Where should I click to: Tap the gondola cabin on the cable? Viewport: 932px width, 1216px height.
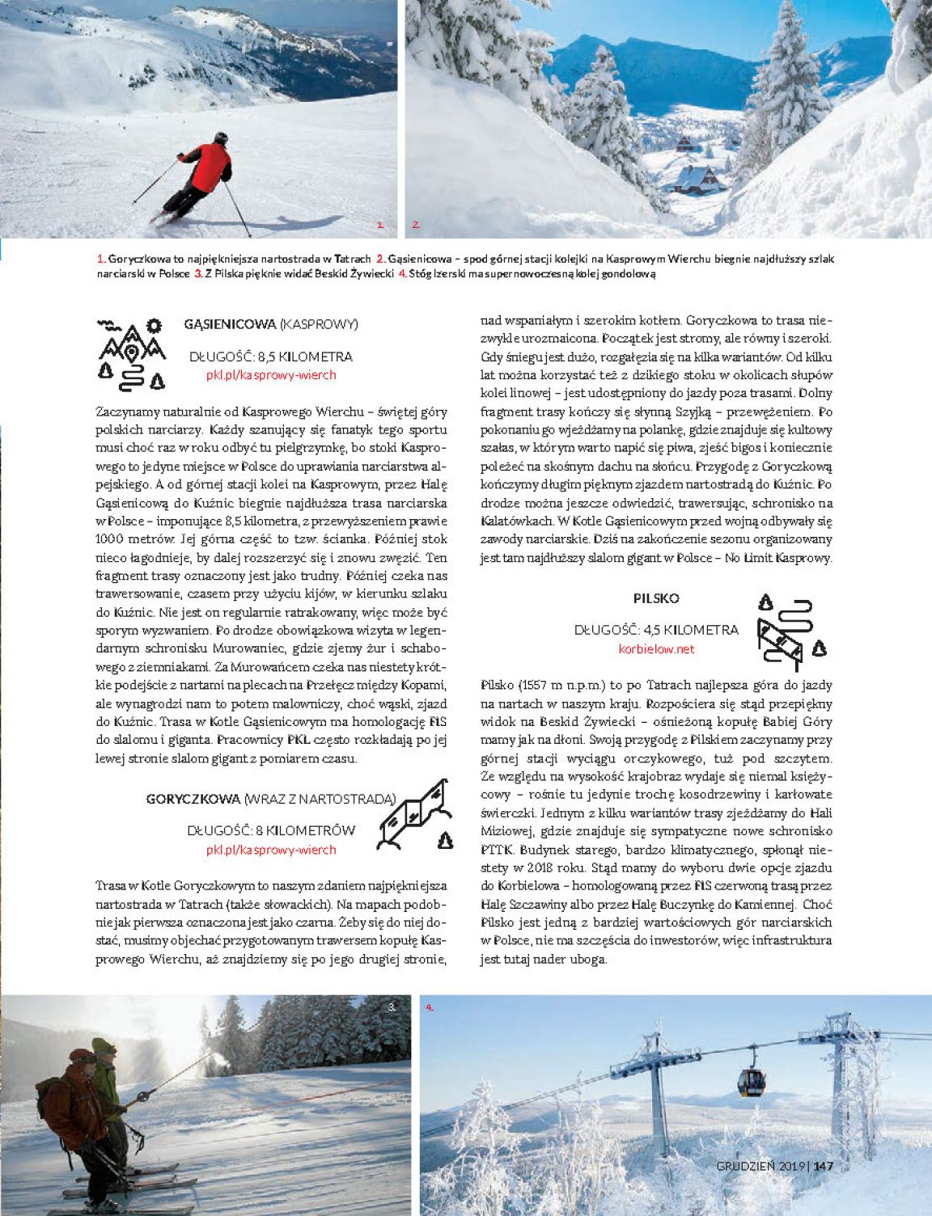pos(751,1082)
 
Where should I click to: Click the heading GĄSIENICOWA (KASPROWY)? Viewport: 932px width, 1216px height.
pos(271,324)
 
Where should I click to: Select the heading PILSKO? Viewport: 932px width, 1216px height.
pos(656,598)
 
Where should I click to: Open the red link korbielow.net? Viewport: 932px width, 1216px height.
pos(656,648)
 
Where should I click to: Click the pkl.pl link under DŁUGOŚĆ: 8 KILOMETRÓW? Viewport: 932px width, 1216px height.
pos(271,850)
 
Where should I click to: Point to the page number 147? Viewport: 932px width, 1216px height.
pos(824,1166)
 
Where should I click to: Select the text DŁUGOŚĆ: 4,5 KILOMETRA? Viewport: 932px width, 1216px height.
pos(656,630)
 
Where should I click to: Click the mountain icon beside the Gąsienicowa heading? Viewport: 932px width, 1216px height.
pos(132,353)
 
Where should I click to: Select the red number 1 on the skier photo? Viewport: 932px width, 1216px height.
pos(380,225)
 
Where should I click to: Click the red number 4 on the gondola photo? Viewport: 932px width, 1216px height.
pos(430,1007)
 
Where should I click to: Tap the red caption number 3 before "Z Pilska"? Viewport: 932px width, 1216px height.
pos(197,274)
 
